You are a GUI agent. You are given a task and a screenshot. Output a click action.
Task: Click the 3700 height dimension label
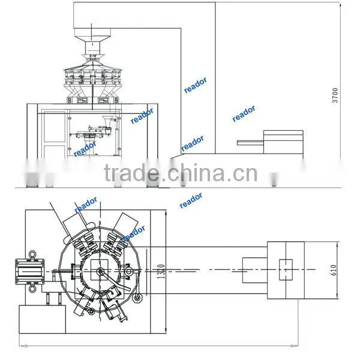(x=335, y=95)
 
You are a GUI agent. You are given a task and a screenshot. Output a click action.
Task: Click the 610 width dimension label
(x=334, y=270)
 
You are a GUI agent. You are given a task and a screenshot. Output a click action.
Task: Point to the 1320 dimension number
(x=161, y=271)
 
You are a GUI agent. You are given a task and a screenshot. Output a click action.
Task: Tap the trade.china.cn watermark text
(x=181, y=173)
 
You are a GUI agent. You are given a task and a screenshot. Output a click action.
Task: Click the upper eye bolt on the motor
(x=32, y=254)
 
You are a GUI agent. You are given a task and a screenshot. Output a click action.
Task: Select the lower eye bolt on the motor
(x=32, y=289)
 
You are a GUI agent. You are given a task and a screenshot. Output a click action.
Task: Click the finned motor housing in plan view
(x=29, y=271)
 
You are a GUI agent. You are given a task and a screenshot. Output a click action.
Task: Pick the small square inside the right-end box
(x=286, y=270)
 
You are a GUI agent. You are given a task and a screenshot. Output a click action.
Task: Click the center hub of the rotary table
(x=100, y=272)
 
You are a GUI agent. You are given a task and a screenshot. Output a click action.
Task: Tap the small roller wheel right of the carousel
(x=137, y=298)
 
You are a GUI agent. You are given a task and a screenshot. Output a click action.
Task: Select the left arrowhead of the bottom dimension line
(x=23, y=346)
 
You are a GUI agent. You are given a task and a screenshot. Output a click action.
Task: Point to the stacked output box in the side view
(x=283, y=142)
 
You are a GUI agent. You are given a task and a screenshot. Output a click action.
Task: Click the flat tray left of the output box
(x=250, y=143)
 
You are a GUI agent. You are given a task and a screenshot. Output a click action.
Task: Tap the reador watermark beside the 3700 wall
(x=244, y=113)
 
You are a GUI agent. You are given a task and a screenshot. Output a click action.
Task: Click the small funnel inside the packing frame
(x=107, y=122)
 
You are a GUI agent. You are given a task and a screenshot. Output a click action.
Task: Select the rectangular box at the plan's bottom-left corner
(x=42, y=319)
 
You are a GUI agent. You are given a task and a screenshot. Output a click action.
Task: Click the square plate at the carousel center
(x=100, y=270)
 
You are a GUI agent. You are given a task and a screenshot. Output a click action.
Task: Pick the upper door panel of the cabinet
(x=55, y=127)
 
